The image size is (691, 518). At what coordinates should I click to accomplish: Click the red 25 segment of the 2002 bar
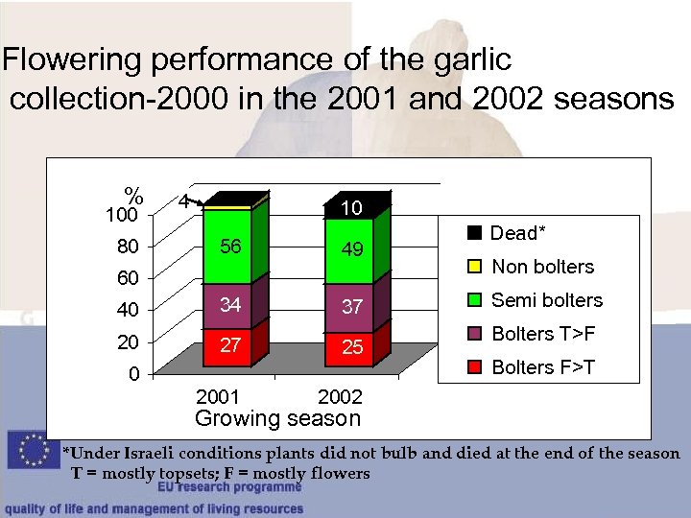coord(352,347)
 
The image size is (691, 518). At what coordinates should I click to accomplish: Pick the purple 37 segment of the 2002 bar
coord(352,308)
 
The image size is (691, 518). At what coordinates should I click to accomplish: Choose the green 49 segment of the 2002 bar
coord(352,250)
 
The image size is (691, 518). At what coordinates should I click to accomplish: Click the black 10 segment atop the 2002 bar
coord(352,208)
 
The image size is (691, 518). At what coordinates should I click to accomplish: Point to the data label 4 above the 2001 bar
coord(181,202)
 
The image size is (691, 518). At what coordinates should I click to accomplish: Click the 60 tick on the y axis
coord(130,278)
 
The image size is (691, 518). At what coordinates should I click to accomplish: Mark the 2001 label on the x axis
coord(219,397)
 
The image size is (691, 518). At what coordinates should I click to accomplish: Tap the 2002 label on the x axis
coord(340,397)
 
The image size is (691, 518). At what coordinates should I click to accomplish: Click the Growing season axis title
coord(277,418)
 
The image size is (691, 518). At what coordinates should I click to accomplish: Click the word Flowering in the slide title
coord(75,60)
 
